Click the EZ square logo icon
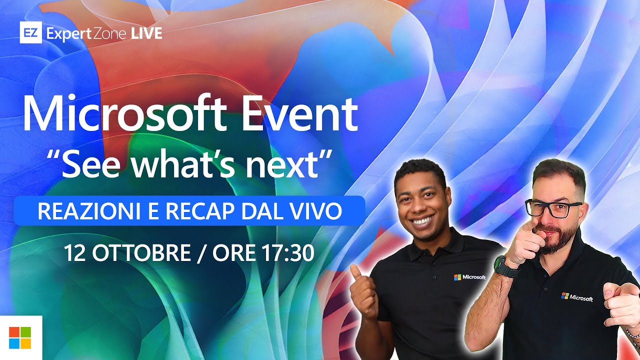(x=30, y=33)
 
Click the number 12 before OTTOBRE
(x=73, y=253)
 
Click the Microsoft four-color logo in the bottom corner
(x=20, y=338)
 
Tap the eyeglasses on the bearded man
(x=554, y=208)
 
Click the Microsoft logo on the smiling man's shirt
(x=469, y=277)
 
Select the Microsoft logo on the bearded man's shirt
(x=577, y=297)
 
